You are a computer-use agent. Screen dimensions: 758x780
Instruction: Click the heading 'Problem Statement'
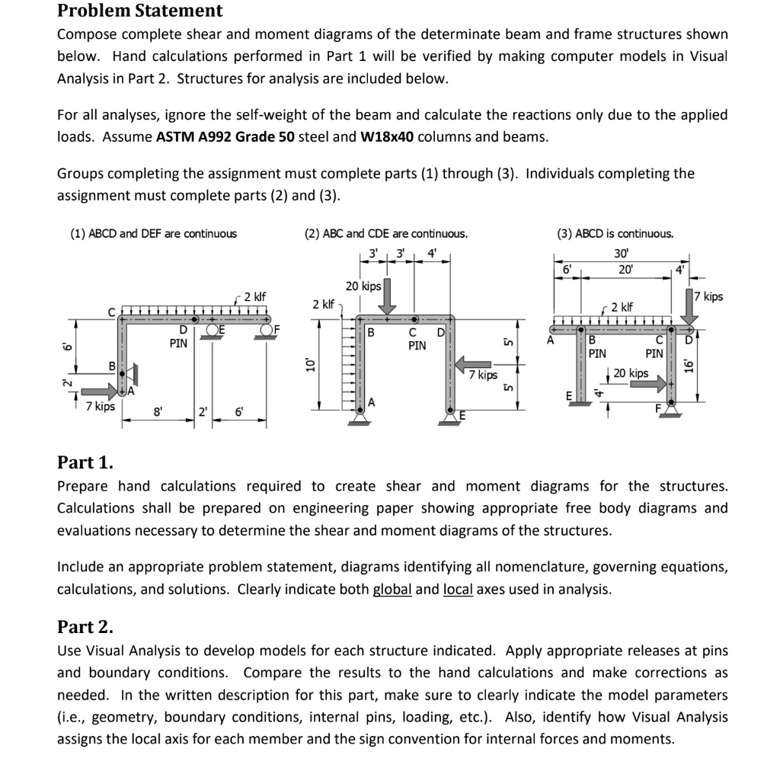click(x=140, y=11)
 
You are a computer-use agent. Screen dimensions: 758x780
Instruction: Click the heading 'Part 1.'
click(x=85, y=462)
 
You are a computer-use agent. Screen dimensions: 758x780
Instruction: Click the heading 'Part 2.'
click(x=85, y=627)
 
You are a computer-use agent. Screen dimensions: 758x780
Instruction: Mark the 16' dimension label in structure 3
click(x=690, y=366)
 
